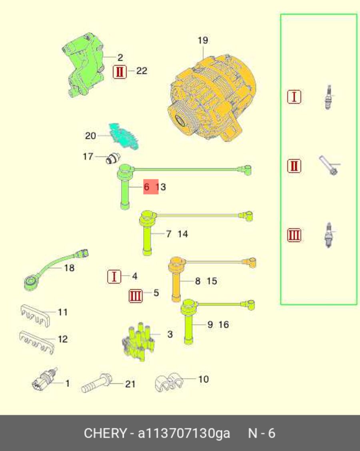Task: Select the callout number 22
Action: click(x=142, y=71)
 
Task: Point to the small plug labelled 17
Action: click(x=113, y=158)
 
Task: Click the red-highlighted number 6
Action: click(x=146, y=187)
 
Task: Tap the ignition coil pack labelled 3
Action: click(x=138, y=341)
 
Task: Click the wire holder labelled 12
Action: click(x=37, y=342)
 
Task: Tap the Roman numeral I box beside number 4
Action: click(x=114, y=277)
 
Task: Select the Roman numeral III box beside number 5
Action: click(x=136, y=295)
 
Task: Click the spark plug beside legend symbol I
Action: click(x=328, y=97)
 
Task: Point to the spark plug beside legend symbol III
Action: click(x=328, y=235)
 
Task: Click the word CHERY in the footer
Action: click(x=105, y=433)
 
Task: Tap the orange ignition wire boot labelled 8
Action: click(x=176, y=277)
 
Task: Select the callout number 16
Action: click(x=224, y=324)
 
